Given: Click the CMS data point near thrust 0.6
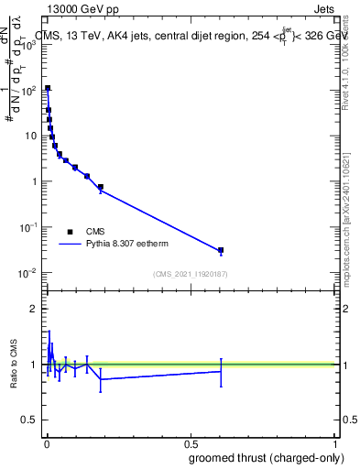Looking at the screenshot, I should tap(221, 250).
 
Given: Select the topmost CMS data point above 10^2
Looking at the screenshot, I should tap(48, 89).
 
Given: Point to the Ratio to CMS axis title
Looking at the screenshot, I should tap(14, 364).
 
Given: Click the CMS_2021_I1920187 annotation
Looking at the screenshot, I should tap(191, 274).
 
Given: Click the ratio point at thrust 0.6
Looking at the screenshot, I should tap(221, 371).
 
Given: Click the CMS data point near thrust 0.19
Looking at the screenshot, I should tap(101, 187).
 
